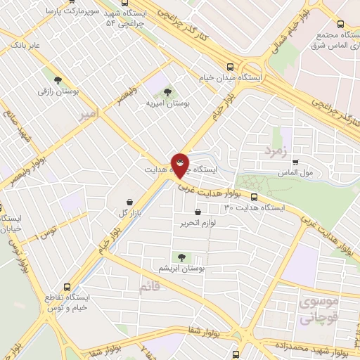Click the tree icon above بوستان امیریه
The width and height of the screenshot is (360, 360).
(x=167, y=91)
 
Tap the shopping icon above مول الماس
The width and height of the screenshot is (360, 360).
(x=295, y=162)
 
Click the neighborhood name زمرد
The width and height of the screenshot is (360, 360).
(x=276, y=150)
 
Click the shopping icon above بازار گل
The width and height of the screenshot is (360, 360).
(x=129, y=202)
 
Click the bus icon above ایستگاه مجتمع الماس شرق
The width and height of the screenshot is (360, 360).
(x=340, y=23)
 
